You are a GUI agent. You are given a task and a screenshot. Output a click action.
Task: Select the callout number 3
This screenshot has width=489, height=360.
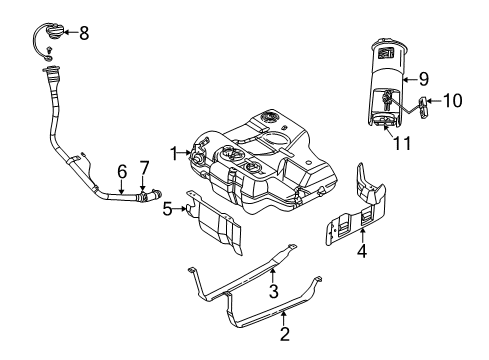[272, 291]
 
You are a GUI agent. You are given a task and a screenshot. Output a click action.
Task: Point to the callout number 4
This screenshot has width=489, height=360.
[362, 253]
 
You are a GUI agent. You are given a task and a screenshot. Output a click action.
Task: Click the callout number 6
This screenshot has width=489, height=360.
[121, 171]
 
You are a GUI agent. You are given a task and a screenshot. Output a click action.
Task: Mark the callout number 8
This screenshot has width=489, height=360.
[84, 33]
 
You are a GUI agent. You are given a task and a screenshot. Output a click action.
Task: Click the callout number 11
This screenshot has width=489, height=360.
[403, 144]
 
